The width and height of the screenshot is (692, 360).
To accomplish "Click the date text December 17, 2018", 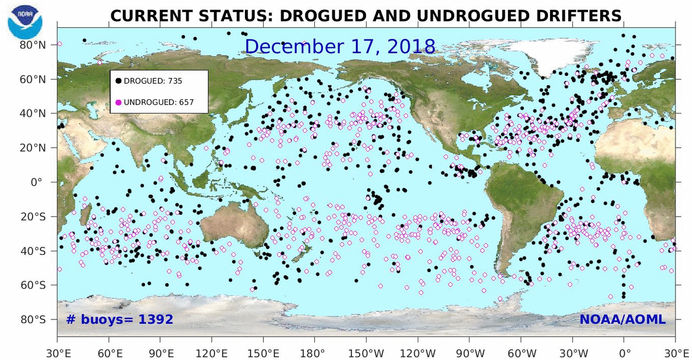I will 340,46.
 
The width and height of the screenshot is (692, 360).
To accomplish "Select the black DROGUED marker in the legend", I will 118,81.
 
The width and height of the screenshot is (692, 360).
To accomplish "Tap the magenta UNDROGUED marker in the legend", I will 118,102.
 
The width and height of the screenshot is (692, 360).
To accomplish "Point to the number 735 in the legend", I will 175,81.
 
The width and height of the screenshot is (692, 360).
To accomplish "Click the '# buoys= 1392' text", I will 120,319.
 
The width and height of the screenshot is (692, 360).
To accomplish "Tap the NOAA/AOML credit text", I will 622,319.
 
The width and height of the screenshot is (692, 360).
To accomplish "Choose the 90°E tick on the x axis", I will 161,353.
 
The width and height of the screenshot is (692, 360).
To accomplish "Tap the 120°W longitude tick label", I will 418,353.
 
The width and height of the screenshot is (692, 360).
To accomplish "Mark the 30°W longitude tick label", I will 572,353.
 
